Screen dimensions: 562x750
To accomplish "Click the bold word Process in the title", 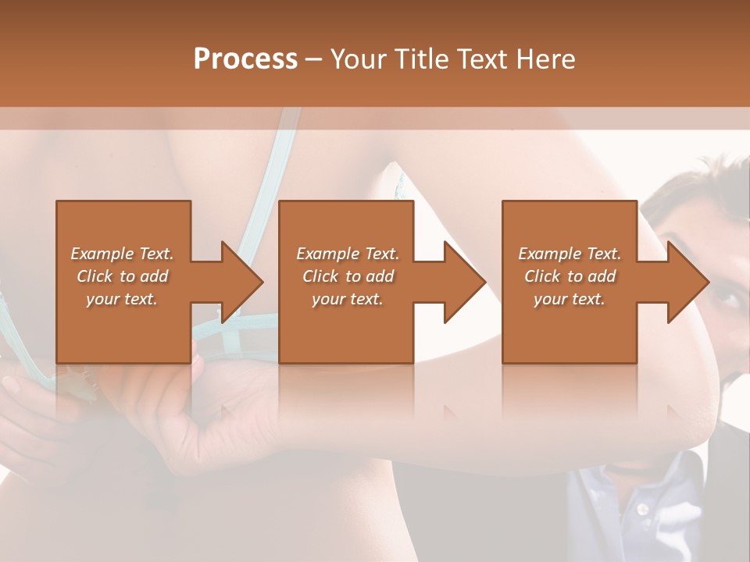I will pyautogui.click(x=245, y=59).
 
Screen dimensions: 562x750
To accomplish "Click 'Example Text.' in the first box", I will pyautogui.click(x=122, y=254).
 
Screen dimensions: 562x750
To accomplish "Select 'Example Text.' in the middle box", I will pyautogui.click(x=348, y=254).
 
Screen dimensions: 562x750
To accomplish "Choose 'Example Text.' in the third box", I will pyautogui.click(x=570, y=254).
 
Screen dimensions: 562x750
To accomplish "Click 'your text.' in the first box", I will pyautogui.click(x=122, y=299).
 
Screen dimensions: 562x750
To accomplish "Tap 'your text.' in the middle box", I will pyautogui.click(x=348, y=299).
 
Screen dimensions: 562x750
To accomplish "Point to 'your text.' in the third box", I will pyautogui.click(x=570, y=299).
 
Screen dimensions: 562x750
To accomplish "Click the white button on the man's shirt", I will pyautogui.click(x=642, y=509).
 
